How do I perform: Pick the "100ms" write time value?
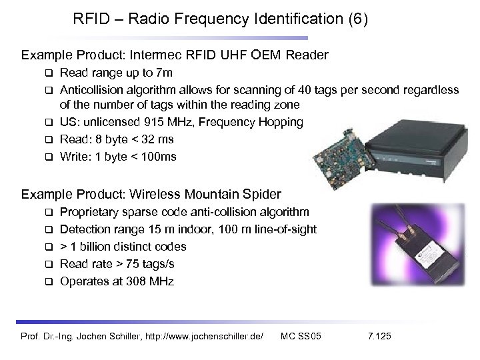click(160, 157)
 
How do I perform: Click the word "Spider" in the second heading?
click(260, 195)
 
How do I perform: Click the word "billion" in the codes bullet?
click(99, 247)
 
